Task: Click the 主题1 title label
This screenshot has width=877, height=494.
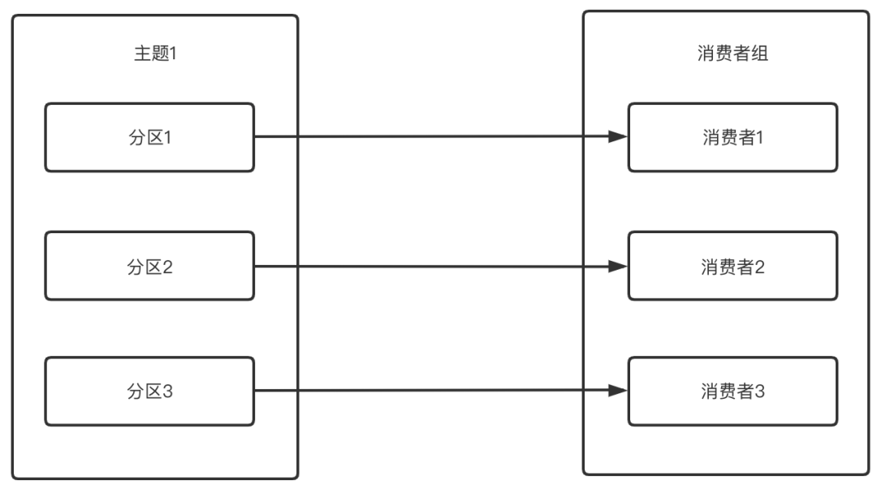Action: (155, 54)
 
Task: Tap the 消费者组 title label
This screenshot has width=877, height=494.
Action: (733, 54)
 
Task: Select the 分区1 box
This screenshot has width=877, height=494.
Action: (149, 137)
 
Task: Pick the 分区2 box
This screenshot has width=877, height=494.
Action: (149, 266)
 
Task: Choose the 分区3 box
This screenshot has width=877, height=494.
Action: (149, 391)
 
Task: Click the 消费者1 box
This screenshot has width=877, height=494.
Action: (732, 137)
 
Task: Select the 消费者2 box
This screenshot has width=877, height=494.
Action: (732, 266)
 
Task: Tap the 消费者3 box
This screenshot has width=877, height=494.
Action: (732, 391)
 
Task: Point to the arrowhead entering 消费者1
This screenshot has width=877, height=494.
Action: (619, 137)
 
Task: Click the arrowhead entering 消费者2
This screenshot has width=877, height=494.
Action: (619, 266)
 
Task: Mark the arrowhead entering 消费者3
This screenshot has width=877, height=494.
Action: (619, 391)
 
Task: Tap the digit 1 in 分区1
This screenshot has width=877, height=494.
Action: (169, 137)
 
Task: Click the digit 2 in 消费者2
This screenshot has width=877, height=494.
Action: (761, 266)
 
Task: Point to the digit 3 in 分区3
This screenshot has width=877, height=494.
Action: (169, 391)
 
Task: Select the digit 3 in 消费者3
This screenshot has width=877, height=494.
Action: (761, 391)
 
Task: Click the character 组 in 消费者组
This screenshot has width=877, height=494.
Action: (761, 54)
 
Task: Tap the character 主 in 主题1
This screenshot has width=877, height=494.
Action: (141, 54)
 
